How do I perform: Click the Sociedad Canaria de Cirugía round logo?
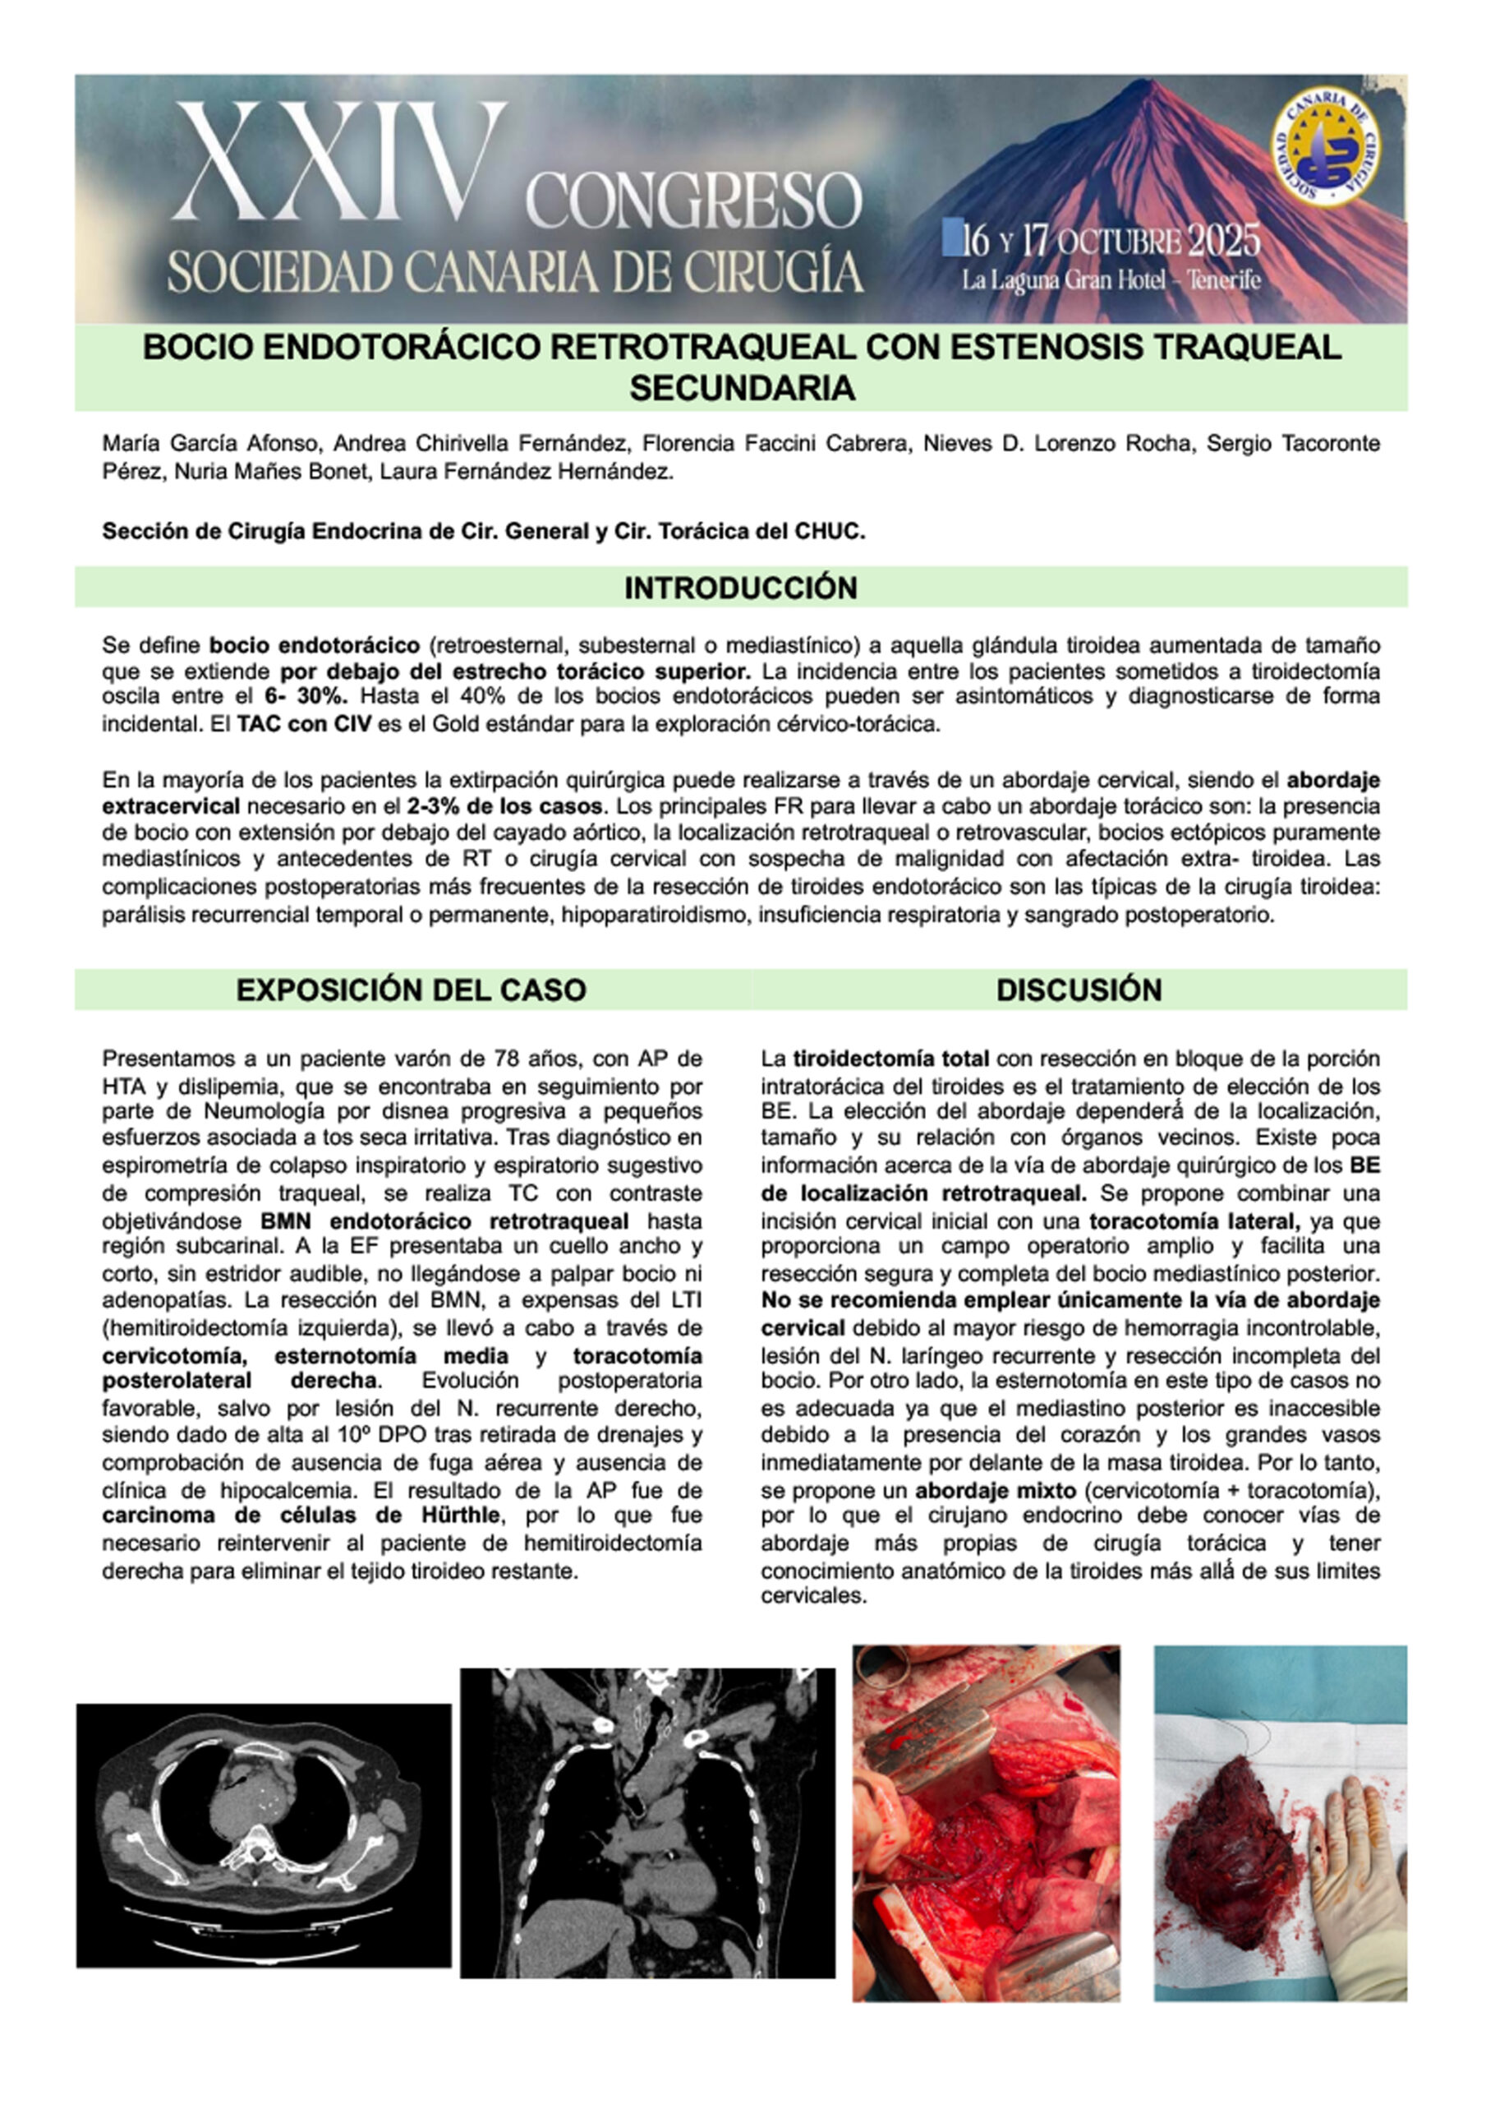click(x=1325, y=146)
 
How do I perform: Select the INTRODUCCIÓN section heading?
click(x=740, y=588)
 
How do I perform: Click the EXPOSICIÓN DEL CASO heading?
click(x=411, y=990)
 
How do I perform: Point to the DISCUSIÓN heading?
click(x=1079, y=990)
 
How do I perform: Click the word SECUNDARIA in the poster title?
click(x=741, y=389)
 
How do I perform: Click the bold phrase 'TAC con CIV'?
click(x=304, y=723)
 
